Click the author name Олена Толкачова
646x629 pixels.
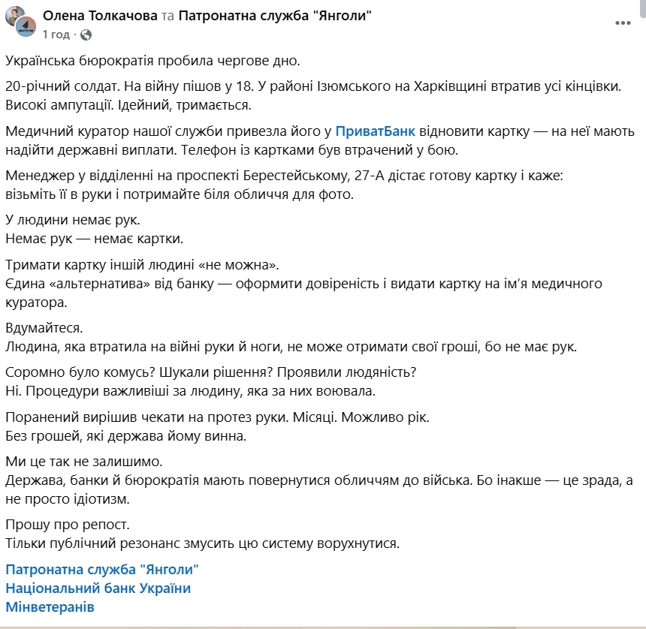pyautogui.click(x=101, y=15)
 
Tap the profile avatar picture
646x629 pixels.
pyautogui.click(x=23, y=23)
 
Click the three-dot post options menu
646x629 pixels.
pyautogui.click(x=623, y=23)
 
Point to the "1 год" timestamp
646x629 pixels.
pyautogui.click(x=56, y=35)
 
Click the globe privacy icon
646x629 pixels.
pyautogui.click(x=86, y=35)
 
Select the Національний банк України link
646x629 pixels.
pyautogui.click(x=98, y=588)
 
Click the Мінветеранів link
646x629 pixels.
pyautogui.click(x=50, y=606)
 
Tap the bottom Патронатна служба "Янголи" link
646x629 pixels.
pyautogui.click(x=102, y=569)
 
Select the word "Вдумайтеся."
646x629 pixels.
pyautogui.click(x=44, y=328)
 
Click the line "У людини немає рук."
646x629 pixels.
pyautogui.click(x=72, y=221)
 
